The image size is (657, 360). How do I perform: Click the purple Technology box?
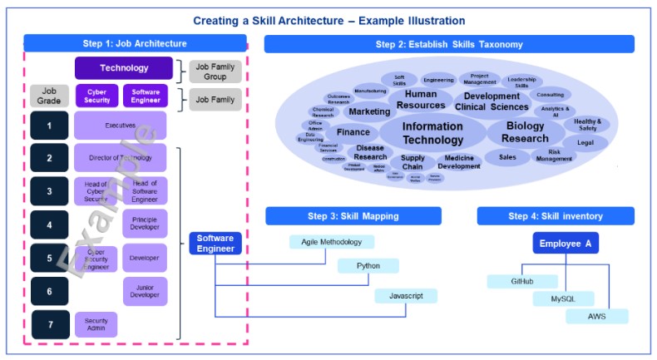[124, 68]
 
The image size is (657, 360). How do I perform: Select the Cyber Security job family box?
[96, 96]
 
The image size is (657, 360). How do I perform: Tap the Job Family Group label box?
[215, 72]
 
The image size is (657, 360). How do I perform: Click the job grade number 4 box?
[49, 224]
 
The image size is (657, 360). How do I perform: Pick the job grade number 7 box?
[49, 324]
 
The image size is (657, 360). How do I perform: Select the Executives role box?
[120, 126]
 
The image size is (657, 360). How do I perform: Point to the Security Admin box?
[96, 324]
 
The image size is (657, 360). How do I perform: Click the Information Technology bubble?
[432, 133]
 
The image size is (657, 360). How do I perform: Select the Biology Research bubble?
[526, 132]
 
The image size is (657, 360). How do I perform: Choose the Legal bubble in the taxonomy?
[585, 143]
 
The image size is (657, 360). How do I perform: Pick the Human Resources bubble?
[421, 100]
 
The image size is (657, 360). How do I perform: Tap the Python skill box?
[368, 266]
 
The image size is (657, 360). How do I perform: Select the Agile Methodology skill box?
[332, 242]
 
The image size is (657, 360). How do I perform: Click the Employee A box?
[566, 244]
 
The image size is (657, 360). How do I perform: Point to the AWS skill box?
[597, 316]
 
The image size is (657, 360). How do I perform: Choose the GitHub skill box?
[522, 281]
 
